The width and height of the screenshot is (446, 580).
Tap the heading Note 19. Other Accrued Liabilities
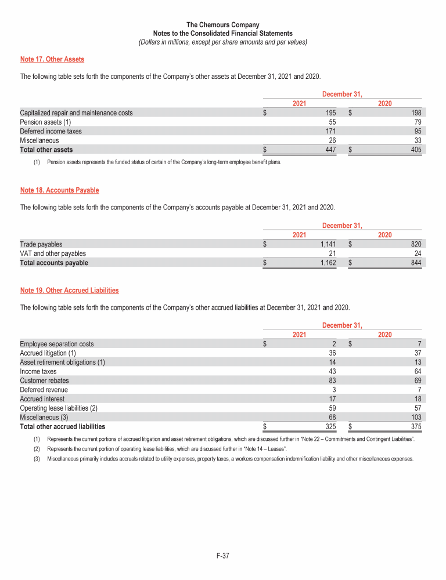pos(69,290)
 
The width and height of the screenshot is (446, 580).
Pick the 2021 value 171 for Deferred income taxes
pos(329,131)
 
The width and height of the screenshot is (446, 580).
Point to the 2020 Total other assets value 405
pos(416,150)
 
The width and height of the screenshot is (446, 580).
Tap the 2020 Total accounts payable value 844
pos(416,263)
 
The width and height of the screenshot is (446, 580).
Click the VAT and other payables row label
pos(53,253)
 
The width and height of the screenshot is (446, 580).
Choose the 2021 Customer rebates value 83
pos(331,380)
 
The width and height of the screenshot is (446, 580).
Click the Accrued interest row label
pos(42,399)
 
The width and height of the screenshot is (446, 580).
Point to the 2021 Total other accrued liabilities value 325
pos(329,427)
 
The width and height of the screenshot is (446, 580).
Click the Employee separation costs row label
pos(57,344)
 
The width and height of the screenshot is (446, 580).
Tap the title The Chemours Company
pos(223,25)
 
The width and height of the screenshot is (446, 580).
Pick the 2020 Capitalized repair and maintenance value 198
pos(416,113)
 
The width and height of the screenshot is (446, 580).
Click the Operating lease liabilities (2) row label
pos(59,408)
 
